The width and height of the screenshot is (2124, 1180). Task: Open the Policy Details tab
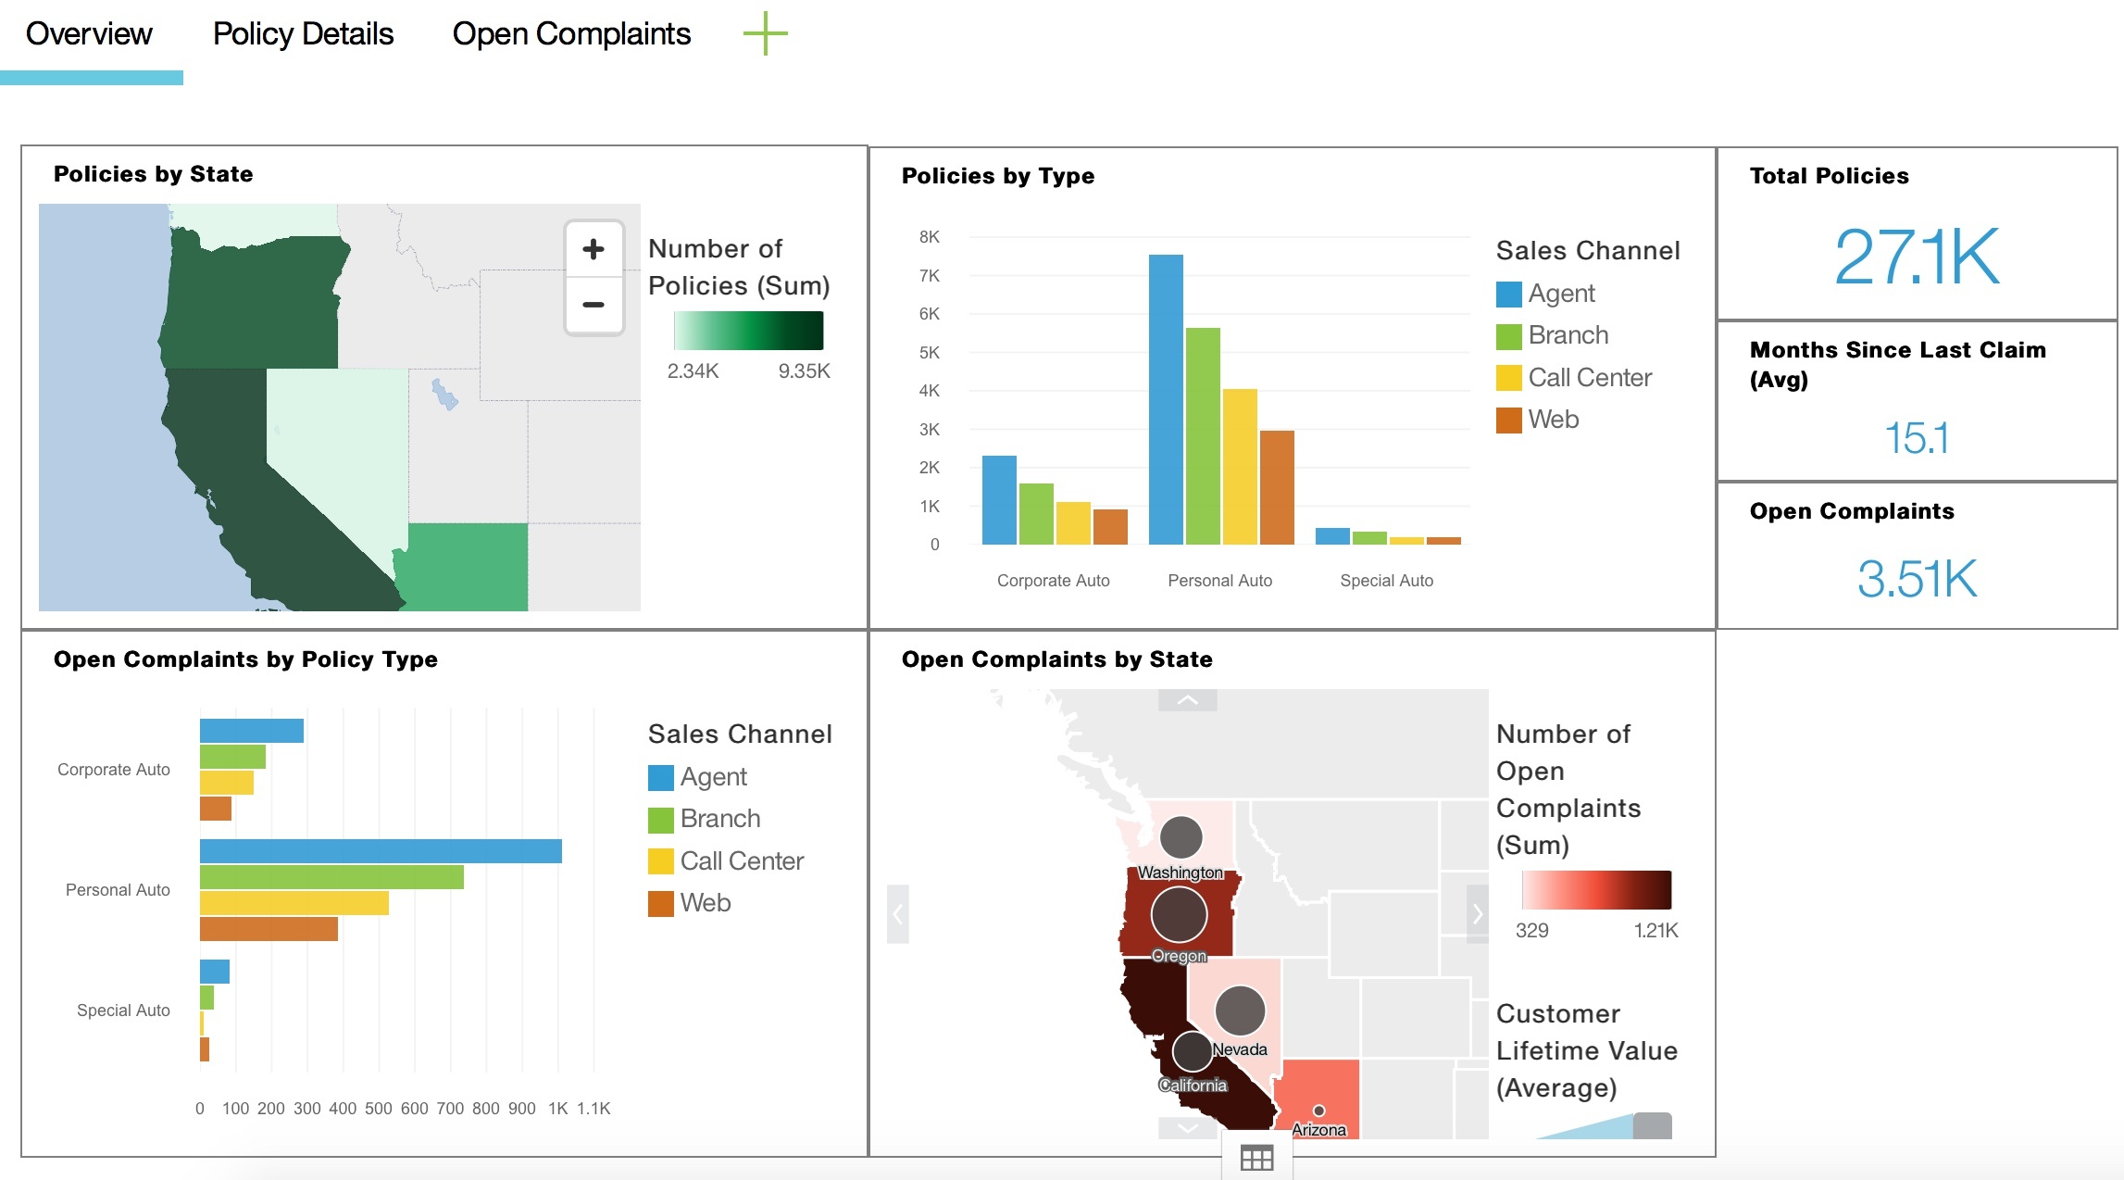(x=303, y=34)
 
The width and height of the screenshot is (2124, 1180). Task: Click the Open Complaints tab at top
(x=571, y=34)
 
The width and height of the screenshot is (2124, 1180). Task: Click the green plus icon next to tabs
(x=765, y=34)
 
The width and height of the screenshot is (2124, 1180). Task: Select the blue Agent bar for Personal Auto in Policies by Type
(x=1166, y=399)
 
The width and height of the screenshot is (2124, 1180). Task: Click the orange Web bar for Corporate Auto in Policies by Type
(x=1110, y=526)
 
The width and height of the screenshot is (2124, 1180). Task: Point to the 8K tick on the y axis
(x=929, y=237)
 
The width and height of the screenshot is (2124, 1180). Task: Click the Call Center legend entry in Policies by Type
(x=1589, y=378)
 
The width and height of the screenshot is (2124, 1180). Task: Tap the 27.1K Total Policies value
(x=1917, y=257)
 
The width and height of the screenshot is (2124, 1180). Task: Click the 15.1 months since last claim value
(x=1917, y=438)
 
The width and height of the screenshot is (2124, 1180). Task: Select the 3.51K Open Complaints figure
(x=1917, y=579)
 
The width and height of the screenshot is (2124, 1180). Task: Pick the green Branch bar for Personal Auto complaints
(x=331, y=877)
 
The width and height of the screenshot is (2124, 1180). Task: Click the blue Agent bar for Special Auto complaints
(x=215, y=972)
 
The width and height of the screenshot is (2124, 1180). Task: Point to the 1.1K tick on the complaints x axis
(x=593, y=1109)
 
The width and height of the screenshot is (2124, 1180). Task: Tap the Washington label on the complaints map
(x=1180, y=872)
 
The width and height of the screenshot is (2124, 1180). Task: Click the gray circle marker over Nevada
(x=1240, y=1010)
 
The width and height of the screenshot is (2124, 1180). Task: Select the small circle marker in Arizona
(x=1319, y=1111)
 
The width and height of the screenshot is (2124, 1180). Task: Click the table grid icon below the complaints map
(x=1256, y=1159)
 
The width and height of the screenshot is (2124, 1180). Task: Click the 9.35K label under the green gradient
(x=804, y=371)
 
